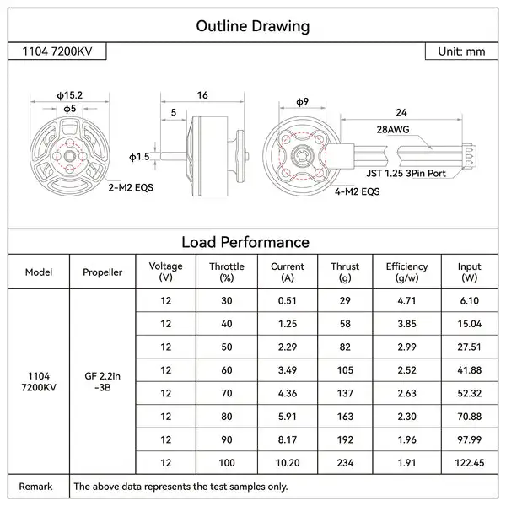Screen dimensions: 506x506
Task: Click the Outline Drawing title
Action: click(252, 25)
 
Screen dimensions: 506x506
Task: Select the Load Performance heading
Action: click(252, 242)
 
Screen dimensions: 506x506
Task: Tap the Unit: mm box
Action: click(461, 51)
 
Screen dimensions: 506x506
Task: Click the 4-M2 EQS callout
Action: click(358, 191)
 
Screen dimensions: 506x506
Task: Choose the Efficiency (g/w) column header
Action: click(406, 272)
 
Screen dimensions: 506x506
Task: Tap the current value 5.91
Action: click(287, 415)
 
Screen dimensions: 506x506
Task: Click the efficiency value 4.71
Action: click(406, 300)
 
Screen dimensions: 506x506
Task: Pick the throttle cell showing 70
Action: click(226, 392)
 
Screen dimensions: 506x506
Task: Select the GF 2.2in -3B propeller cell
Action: click(102, 381)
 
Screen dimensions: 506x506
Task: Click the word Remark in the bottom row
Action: click(36, 486)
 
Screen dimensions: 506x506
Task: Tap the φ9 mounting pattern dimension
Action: click(301, 102)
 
